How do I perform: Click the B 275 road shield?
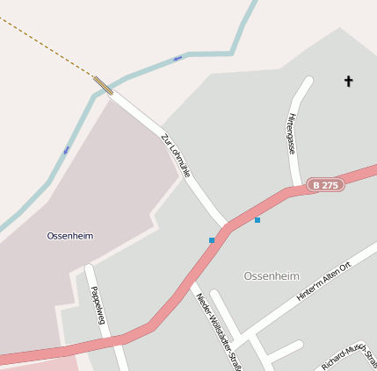tap(325, 185)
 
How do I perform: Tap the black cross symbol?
tap(348, 82)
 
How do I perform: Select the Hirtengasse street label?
tap(292, 133)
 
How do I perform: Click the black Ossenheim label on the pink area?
tap(70, 236)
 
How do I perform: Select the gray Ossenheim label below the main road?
tap(272, 275)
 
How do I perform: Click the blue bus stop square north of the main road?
tap(257, 219)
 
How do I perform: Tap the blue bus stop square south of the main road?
tap(212, 239)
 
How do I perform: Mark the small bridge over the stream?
tap(103, 85)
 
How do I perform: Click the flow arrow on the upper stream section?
tap(178, 58)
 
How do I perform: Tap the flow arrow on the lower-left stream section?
tap(66, 150)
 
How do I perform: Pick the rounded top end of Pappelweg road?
tap(90, 268)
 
